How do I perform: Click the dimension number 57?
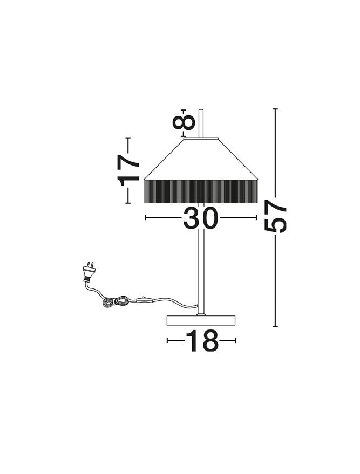(x=275, y=216)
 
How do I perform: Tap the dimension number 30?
(x=201, y=218)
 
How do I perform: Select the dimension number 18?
(x=202, y=341)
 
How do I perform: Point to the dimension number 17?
(x=128, y=170)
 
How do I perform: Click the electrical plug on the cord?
(x=89, y=271)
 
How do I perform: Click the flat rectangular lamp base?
(x=201, y=320)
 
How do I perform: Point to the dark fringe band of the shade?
(x=201, y=191)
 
